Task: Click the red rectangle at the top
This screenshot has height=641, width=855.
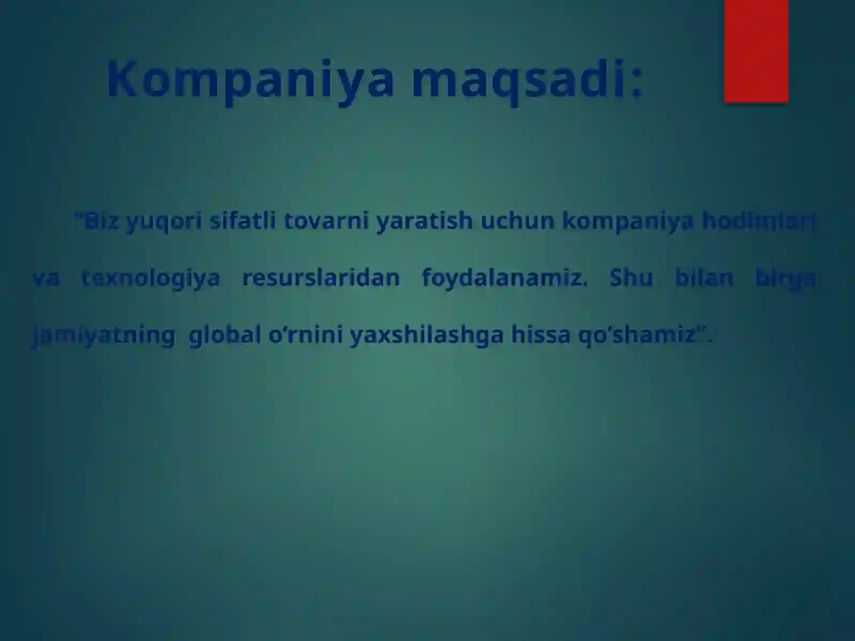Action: [x=756, y=51]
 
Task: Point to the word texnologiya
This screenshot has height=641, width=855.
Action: [x=150, y=278]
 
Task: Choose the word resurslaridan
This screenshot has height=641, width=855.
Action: [x=321, y=278]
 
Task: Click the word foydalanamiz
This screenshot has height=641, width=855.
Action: [x=504, y=278]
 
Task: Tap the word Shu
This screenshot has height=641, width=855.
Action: [x=631, y=278]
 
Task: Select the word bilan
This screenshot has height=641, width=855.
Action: [x=704, y=278]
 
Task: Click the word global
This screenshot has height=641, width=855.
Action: [x=224, y=335]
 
